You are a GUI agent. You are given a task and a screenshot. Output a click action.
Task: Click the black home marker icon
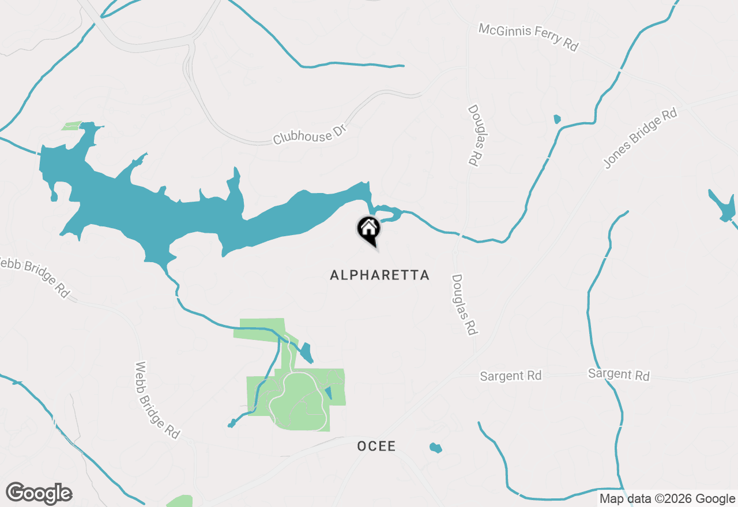coord(368,229)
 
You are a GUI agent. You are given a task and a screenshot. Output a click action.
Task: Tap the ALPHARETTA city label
coord(379,275)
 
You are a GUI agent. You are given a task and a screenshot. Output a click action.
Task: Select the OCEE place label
coord(376,446)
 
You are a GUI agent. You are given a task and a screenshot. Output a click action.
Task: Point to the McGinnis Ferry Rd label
coord(528,37)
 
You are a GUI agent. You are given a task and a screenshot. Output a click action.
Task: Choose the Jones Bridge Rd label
coord(640,139)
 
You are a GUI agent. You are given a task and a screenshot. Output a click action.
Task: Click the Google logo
coord(39,494)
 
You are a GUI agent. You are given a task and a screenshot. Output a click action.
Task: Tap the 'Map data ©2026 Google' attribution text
coord(667,499)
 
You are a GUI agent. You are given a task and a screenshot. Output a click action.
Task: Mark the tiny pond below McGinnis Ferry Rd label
coord(557,119)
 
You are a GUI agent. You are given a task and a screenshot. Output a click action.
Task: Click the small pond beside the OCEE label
coord(436,448)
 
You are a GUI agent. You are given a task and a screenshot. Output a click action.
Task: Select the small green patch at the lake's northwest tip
coord(72,126)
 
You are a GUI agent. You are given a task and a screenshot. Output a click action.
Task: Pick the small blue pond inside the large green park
coord(329,394)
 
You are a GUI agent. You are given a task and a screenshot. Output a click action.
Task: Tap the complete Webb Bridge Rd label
coord(157,400)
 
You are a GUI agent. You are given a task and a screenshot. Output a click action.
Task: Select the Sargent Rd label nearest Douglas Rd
coord(511,376)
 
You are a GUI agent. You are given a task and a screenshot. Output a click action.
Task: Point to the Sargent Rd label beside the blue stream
coord(619,374)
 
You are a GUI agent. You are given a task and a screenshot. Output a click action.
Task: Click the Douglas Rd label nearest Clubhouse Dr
coord(474,135)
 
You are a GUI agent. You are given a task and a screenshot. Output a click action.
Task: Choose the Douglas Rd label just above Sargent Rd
coord(464,304)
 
